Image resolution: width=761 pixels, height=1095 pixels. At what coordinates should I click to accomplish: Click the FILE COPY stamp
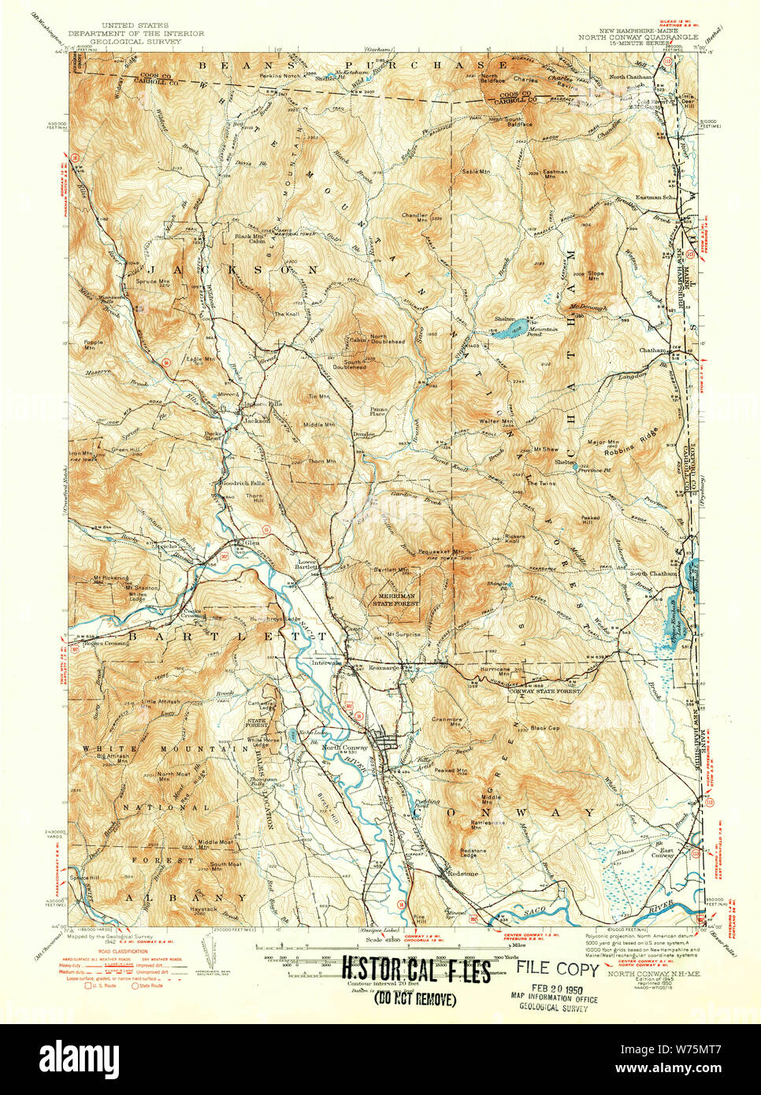pyautogui.click(x=558, y=969)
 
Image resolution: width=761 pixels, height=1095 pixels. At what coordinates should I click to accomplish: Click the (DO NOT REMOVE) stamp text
pyautogui.click(x=415, y=1000)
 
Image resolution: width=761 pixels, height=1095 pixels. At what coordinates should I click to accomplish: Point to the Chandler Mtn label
pyautogui.click(x=414, y=217)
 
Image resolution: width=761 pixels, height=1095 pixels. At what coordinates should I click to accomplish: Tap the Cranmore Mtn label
pyautogui.click(x=446, y=722)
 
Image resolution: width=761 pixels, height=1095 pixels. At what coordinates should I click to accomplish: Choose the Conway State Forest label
pyautogui.click(x=544, y=690)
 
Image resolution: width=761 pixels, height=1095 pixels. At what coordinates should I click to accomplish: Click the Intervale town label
pyautogui.click(x=326, y=663)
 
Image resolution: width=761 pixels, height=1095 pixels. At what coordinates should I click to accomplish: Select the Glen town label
pyautogui.click(x=252, y=542)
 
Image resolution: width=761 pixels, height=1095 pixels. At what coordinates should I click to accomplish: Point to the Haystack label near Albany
pyautogui.click(x=203, y=909)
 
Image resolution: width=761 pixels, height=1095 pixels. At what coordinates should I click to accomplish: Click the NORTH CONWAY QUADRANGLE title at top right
pyautogui.click(x=638, y=37)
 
